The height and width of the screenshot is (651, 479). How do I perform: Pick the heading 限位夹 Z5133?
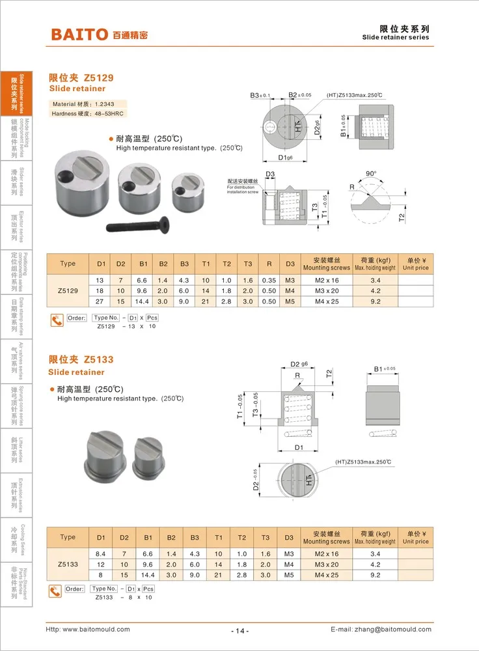(81, 359)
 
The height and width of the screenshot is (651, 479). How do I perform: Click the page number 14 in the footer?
(239, 630)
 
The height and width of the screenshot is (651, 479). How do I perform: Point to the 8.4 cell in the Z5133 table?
(101, 553)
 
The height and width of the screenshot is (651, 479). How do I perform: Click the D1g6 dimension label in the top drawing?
(285, 158)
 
